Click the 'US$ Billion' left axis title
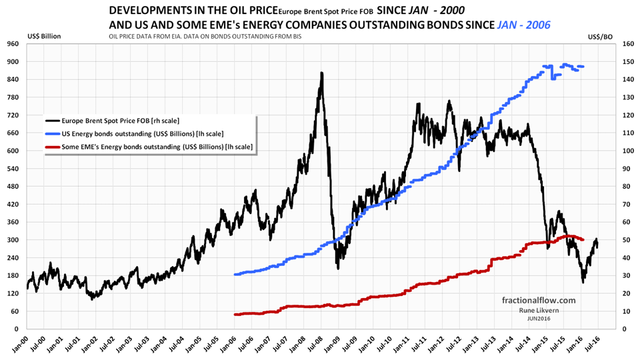pyautogui.click(x=44, y=35)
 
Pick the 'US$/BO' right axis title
pyautogui.click(x=601, y=35)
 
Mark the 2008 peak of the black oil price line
pyautogui.click(x=322, y=73)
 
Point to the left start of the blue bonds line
pyautogui.click(x=235, y=274)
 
